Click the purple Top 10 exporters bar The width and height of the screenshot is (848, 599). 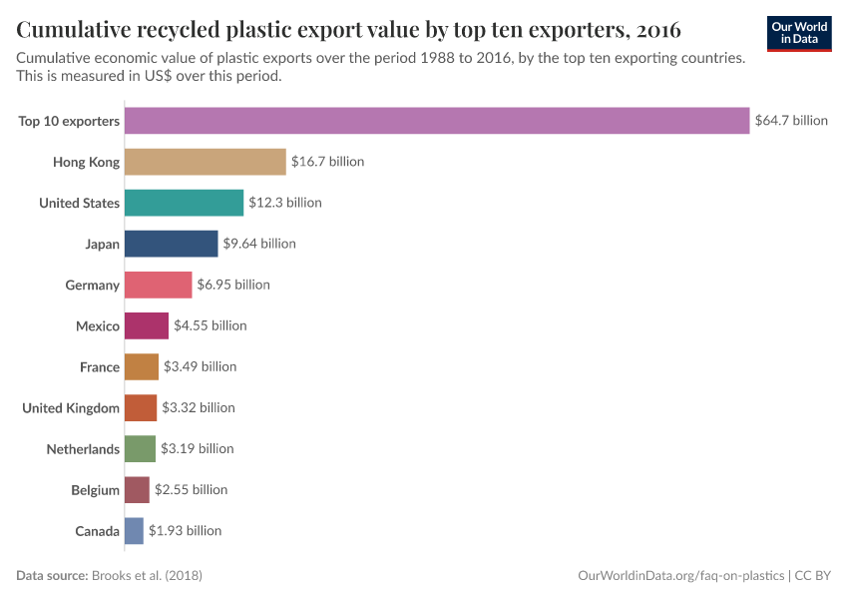point(436,121)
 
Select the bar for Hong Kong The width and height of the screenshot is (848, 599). point(205,162)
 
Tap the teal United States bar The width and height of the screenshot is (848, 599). point(184,203)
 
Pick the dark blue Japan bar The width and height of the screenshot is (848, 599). point(171,244)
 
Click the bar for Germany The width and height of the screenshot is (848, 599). point(158,285)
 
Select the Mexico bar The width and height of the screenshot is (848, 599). point(146,325)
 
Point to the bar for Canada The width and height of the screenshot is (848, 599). point(134,531)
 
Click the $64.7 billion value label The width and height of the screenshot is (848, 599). point(791,121)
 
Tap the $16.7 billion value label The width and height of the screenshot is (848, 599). point(327,162)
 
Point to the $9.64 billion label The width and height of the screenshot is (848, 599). point(259,244)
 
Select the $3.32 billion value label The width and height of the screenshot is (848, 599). point(199,407)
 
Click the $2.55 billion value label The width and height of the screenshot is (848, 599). point(191,490)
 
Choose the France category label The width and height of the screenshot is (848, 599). point(100,367)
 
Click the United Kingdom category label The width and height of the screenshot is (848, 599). point(71,408)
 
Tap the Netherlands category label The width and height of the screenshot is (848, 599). point(83,449)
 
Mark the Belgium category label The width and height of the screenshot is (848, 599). point(96,490)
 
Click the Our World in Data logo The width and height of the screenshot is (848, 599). point(798,33)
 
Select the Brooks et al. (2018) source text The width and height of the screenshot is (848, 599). point(153,576)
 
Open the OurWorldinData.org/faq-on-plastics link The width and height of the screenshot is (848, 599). point(681,576)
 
